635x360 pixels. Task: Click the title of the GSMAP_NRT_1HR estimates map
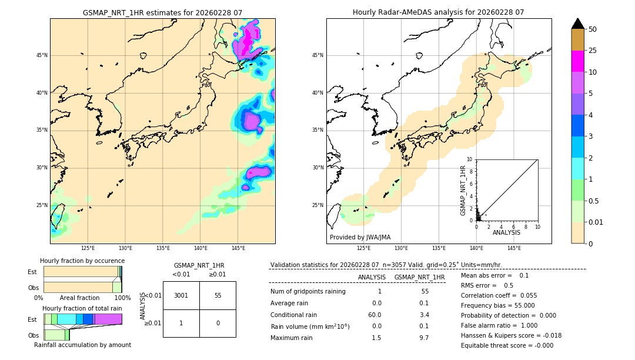[162, 12]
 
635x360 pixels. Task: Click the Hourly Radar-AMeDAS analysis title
[438, 12]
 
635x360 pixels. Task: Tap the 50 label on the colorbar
[593, 29]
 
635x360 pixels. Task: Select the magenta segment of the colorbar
[577, 61]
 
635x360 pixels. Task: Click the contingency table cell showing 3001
[181, 295]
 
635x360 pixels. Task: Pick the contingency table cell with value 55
[218, 295]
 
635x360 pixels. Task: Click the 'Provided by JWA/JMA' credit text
[360, 238]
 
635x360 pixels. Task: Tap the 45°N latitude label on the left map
[42, 55]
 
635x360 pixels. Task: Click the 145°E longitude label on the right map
[514, 248]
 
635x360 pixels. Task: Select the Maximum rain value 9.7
[425, 338]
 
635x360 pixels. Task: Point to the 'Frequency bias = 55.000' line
[497, 305]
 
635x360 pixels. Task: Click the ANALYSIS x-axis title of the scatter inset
[506, 233]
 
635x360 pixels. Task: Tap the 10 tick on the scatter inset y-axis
[470, 159]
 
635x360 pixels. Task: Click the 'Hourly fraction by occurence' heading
[82, 261]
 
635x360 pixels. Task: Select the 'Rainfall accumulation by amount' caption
[82, 345]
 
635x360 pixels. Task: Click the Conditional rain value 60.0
[375, 315]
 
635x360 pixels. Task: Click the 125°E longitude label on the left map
[88, 248]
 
